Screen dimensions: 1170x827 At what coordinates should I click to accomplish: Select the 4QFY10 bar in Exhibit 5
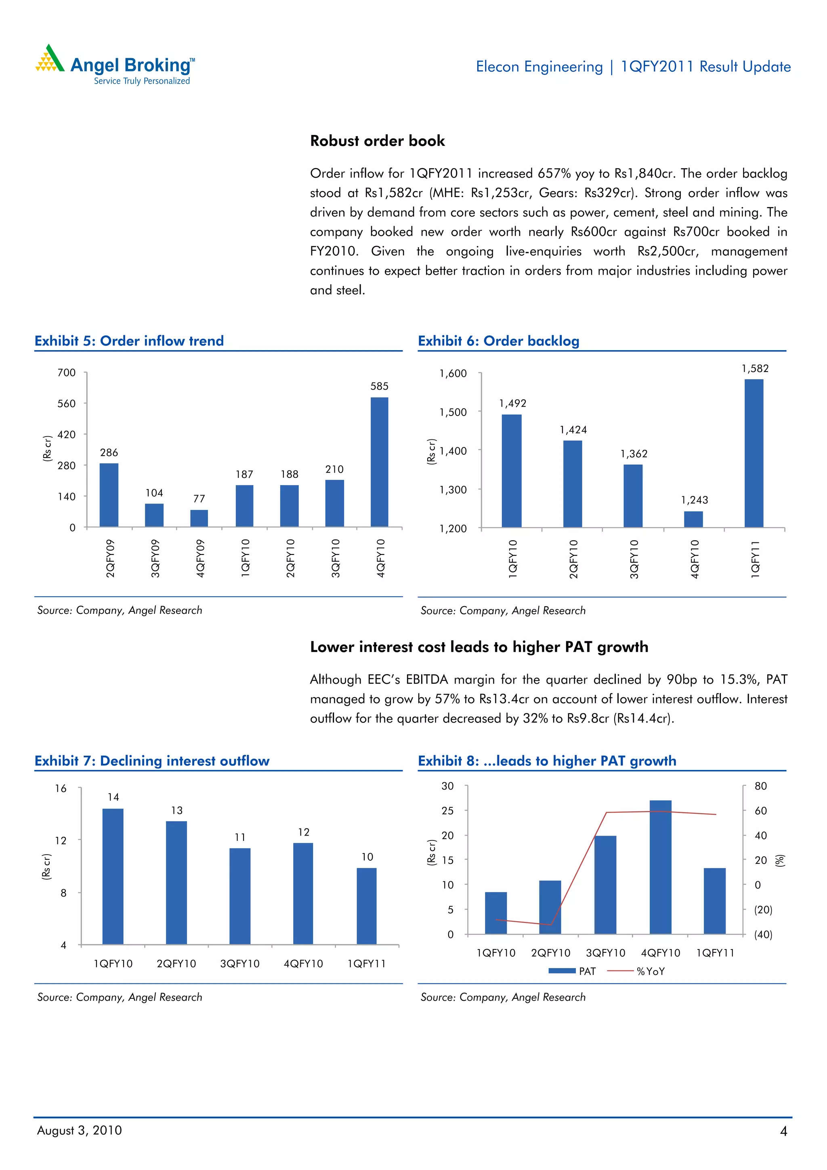tap(379, 462)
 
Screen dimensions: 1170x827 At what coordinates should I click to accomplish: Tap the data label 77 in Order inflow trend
tap(199, 498)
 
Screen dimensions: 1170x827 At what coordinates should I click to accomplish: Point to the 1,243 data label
tap(695, 500)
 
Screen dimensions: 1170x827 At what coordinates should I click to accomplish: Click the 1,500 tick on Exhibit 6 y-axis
tap(453, 412)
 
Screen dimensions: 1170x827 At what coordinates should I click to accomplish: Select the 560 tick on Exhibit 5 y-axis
tap(66, 403)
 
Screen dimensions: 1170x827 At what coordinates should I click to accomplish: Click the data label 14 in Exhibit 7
tap(113, 797)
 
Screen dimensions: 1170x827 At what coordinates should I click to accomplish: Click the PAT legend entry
tap(573, 971)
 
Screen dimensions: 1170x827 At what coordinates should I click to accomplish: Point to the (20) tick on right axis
tap(763, 910)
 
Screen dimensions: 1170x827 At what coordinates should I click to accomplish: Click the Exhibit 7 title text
tap(152, 761)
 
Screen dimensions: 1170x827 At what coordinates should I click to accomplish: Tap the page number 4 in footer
tap(783, 1131)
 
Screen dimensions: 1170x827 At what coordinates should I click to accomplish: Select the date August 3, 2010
tap(80, 1130)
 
